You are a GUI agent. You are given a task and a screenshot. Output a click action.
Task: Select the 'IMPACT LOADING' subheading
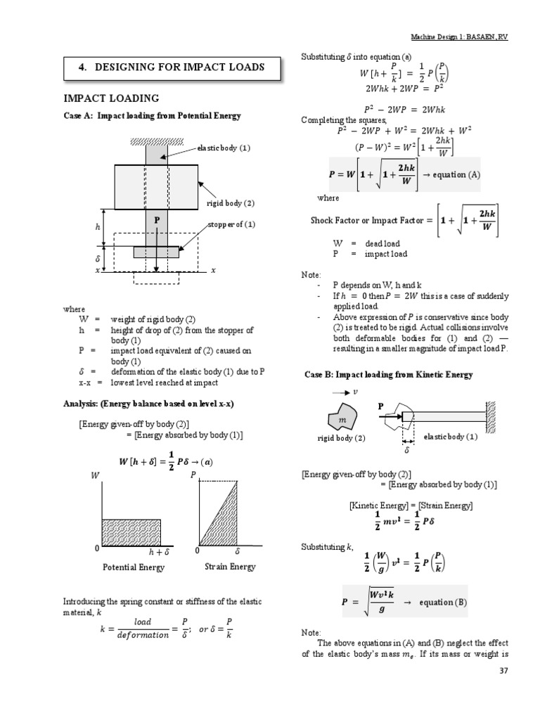point(111,98)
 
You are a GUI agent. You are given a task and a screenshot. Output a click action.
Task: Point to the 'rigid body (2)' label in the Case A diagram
point(230,203)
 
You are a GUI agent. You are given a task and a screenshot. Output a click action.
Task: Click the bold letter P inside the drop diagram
point(157,221)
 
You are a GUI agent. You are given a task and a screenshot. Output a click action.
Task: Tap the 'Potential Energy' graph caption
point(134,567)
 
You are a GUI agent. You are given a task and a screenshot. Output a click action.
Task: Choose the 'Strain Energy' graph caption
point(230,567)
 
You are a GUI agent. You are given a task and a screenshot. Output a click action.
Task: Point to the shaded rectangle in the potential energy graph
point(132,530)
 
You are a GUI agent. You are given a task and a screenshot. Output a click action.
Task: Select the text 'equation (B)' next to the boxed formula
point(442,603)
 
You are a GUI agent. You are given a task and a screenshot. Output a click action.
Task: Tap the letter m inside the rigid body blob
point(343,419)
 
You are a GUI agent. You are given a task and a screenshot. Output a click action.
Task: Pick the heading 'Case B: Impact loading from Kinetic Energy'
point(388,375)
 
